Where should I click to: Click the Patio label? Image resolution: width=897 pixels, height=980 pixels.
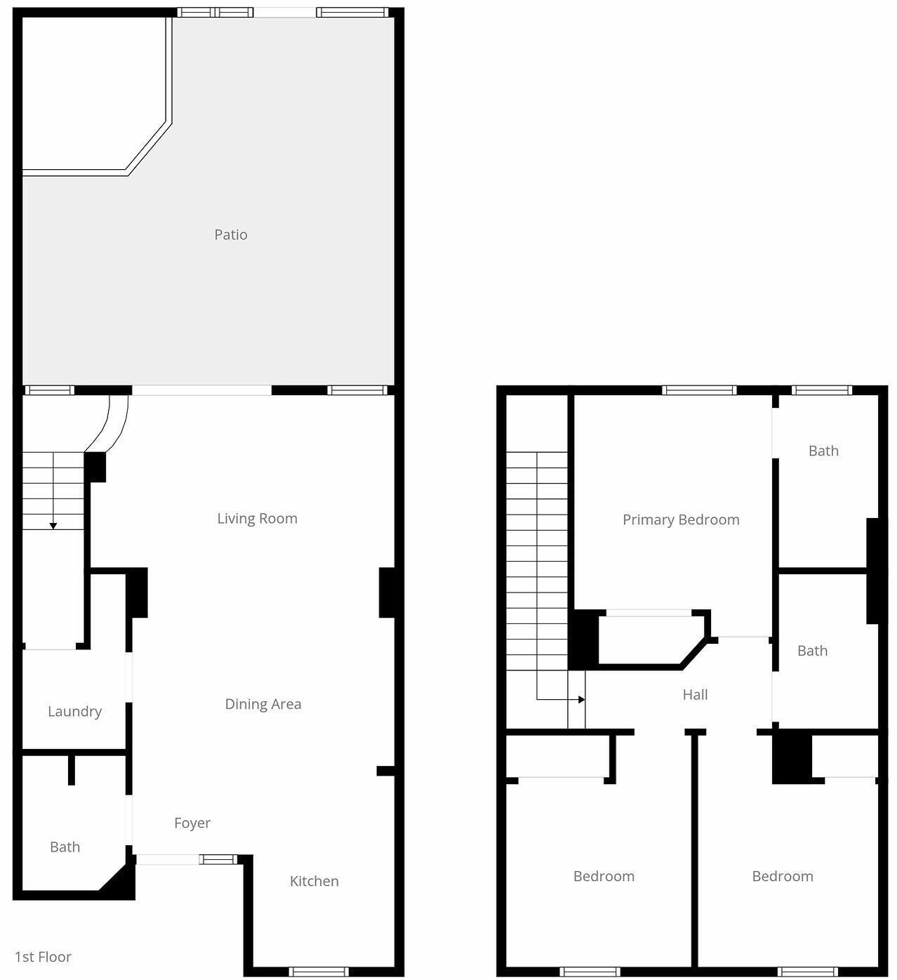click(x=231, y=235)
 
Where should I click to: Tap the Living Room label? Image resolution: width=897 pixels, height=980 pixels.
click(x=257, y=519)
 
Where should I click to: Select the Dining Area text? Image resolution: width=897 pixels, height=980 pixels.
click(x=263, y=705)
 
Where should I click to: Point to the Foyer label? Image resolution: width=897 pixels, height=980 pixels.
click(x=192, y=823)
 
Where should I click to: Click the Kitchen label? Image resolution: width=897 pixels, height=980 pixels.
click(x=314, y=881)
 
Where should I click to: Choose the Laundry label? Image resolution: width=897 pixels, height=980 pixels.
click(x=74, y=712)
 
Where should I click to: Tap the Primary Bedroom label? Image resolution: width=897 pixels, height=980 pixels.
click(x=681, y=520)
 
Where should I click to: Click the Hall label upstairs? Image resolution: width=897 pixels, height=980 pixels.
click(x=695, y=695)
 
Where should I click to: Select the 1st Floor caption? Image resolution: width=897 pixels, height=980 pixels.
click(x=43, y=957)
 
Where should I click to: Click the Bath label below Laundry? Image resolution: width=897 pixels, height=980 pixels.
click(x=65, y=847)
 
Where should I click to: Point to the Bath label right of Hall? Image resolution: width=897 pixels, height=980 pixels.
click(x=812, y=651)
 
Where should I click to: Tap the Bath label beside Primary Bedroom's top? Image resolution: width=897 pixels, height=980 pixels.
click(x=823, y=451)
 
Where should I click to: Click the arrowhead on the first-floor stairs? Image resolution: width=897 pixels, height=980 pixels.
click(x=53, y=526)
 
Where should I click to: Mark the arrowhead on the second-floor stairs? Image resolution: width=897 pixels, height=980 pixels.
click(x=581, y=700)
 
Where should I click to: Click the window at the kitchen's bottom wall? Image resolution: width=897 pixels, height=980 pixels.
click(x=318, y=972)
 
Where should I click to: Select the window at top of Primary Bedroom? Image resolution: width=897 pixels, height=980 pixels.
click(x=699, y=390)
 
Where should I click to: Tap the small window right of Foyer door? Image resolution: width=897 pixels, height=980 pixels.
click(x=218, y=859)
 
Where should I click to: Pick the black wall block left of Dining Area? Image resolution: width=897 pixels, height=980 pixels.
click(x=137, y=592)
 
